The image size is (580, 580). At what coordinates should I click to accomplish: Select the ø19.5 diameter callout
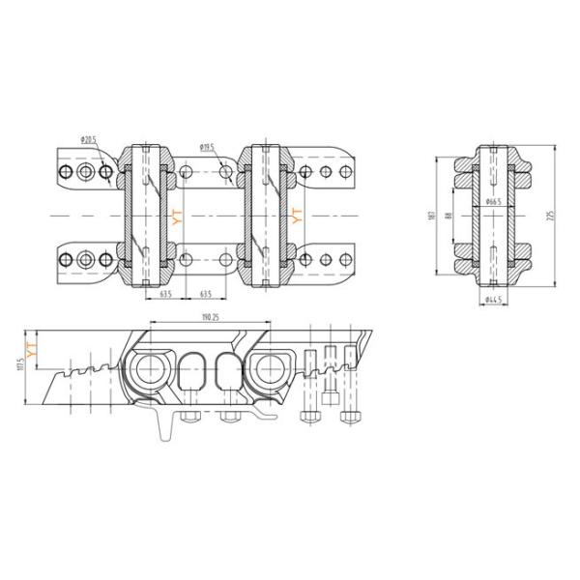(x=208, y=147)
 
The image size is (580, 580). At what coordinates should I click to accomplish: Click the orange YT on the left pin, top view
(x=175, y=217)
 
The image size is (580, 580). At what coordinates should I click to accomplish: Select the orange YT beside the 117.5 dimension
(x=31, y=350)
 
